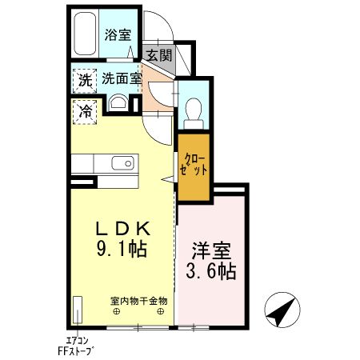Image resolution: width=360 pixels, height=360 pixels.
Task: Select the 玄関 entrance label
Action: pyautogui.click(x=159, y=55)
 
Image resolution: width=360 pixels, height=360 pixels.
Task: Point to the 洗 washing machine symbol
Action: pyautogui.click(x=83, y=80)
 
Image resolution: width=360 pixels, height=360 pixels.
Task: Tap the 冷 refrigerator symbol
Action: pyautogui.click(x=83, y=111)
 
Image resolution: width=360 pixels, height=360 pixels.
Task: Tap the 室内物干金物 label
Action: pyautogui.click(x=138, y=301)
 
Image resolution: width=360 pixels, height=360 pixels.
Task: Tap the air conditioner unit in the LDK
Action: pyautogui.click(x=78, y=309)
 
